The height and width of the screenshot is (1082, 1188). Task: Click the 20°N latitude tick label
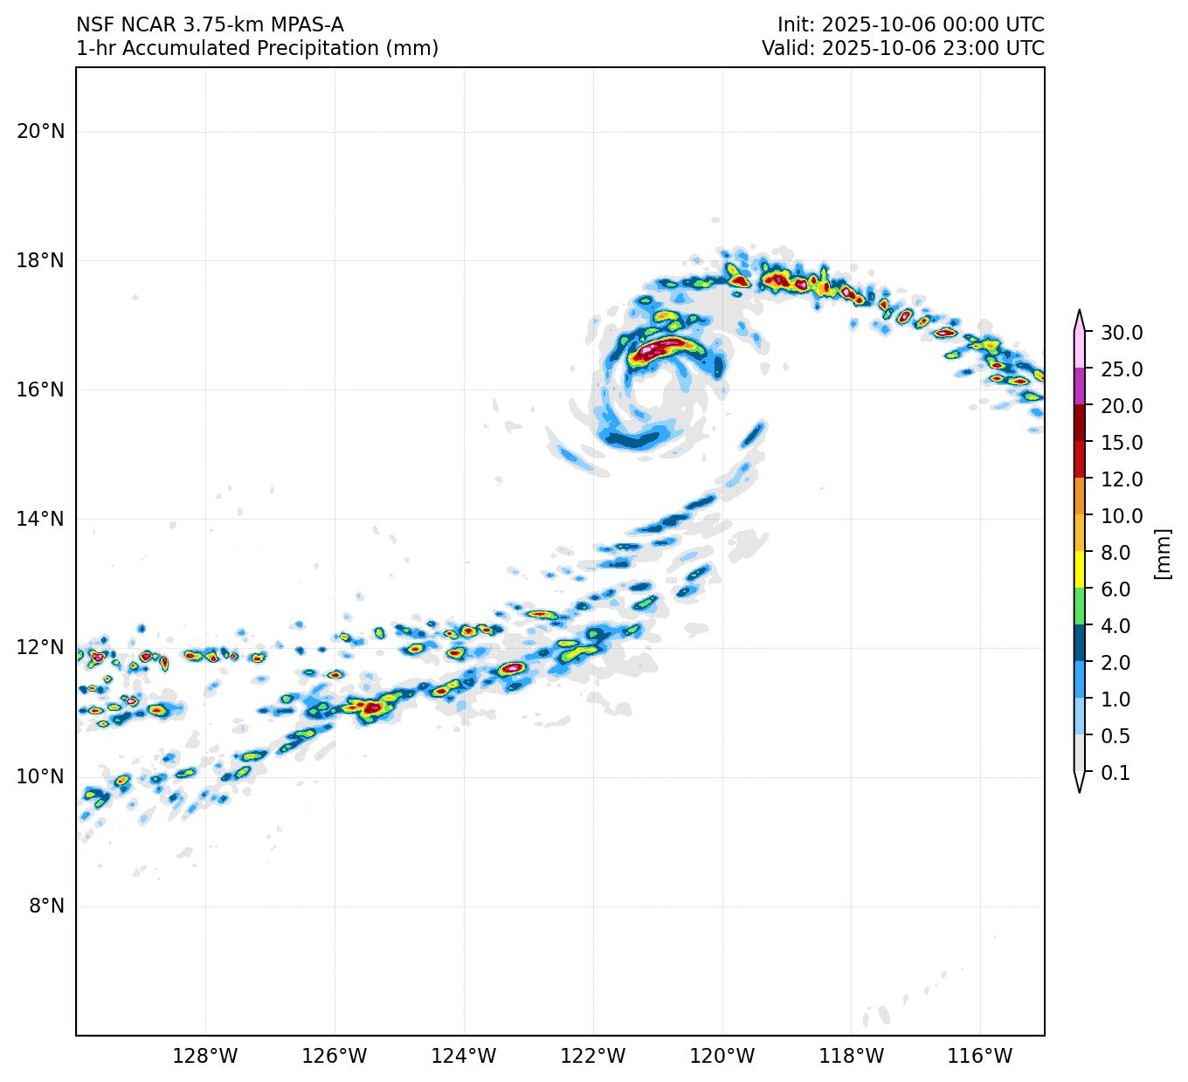(40, 132)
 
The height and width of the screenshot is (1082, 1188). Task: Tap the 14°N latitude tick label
(40, 519)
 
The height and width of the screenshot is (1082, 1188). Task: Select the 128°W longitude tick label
(204, 1057)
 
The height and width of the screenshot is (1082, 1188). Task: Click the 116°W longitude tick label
(980, 1057)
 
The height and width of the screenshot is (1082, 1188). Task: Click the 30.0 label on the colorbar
(1122, 333)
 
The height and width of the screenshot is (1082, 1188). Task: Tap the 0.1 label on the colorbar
(1115, 773)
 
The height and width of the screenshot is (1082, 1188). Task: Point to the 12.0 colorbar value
(1122, 479)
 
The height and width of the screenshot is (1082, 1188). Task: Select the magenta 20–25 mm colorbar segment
(1080, 386)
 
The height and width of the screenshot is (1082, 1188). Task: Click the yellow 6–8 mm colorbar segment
(1080, 569)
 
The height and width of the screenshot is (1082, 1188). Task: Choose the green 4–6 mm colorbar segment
(1080, 606)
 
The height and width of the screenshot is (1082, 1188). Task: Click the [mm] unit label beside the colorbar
(1162, 553)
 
